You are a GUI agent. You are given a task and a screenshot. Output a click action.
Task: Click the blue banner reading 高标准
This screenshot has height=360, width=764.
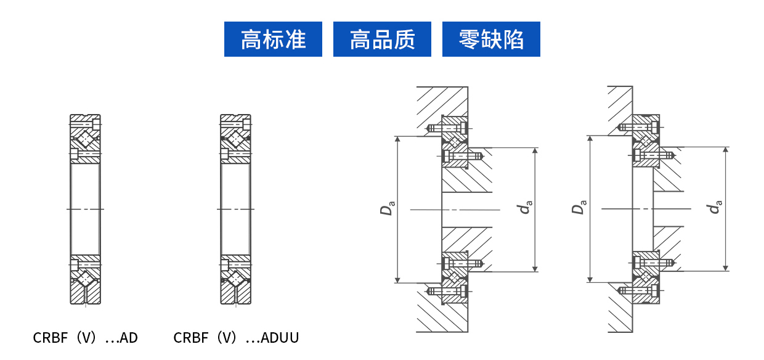pyautogui.click(x=273, y=39)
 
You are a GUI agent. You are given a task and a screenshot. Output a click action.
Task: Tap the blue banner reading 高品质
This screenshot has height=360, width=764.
pyautogui.click(x=382, y=39)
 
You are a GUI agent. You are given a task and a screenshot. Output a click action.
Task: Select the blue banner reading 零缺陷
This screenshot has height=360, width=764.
pyautogui.click(x=491, y=39)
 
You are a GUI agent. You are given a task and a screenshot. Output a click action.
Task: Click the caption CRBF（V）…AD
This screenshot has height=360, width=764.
pyautogui.click(x=85, y=338)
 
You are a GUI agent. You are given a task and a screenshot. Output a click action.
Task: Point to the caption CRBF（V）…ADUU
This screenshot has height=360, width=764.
pyautogui.click(x=236, y=338)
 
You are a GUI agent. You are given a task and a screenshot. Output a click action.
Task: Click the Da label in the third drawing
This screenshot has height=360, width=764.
pyautogui.click(x=387, y=207)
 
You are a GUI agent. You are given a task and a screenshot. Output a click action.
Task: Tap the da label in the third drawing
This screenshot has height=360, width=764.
pyautogui.click(x=525, y=207)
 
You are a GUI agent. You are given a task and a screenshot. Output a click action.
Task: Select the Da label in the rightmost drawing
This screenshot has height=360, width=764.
pyautogui.click(x=578, y=207)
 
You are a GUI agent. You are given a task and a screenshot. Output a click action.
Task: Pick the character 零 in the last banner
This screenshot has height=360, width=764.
pyautogui.click(x=469, y=39)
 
